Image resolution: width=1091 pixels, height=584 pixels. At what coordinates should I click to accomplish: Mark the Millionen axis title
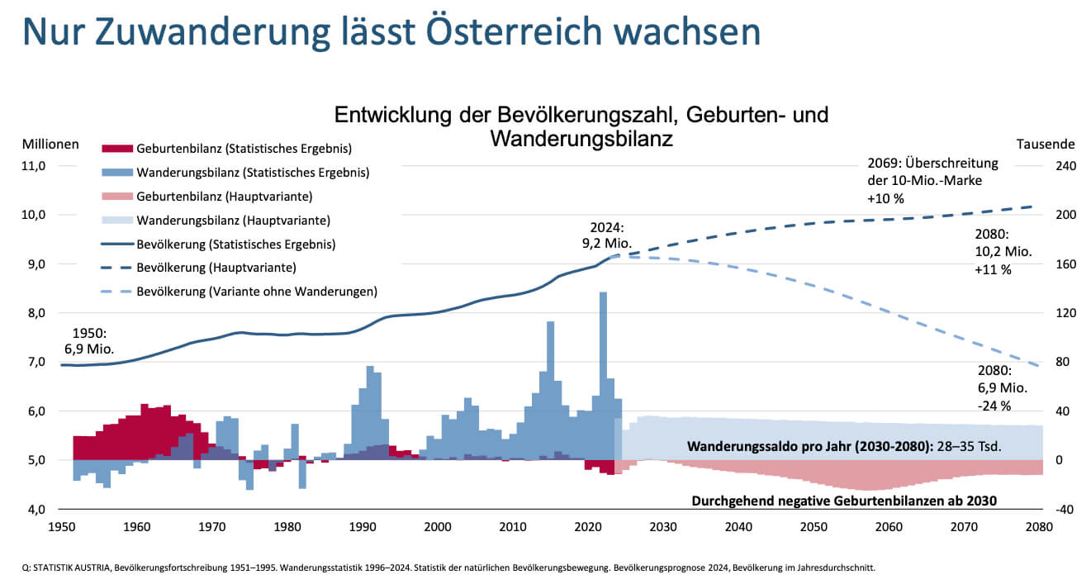tap(50, 144)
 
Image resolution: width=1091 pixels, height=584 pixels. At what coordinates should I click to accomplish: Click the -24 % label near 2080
tap(994, 406)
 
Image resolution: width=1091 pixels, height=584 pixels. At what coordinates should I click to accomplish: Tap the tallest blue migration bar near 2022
tap(603, 372)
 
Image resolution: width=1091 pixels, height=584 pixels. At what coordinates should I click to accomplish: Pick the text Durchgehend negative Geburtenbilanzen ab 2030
tap(843, 501)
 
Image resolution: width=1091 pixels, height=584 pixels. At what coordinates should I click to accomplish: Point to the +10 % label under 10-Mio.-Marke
tap(886, 198)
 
